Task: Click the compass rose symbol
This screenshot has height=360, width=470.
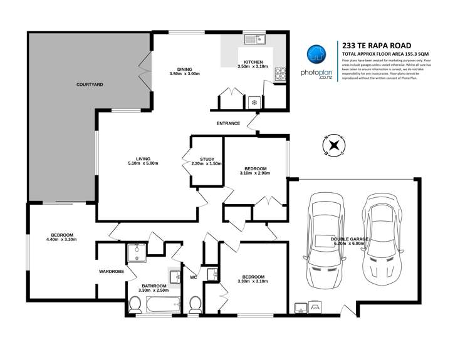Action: (x=334, y=146)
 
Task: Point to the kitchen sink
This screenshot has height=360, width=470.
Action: (x=256, y=41)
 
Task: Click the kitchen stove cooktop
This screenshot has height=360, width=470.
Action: (x=279, y=75)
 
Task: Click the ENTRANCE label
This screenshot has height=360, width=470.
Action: (x=229, y=123)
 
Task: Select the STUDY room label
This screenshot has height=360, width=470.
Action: (x=207, y=160)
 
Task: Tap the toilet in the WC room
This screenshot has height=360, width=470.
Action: (x=195, y=305)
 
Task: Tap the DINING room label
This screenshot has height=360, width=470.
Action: (x=184, y=69)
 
